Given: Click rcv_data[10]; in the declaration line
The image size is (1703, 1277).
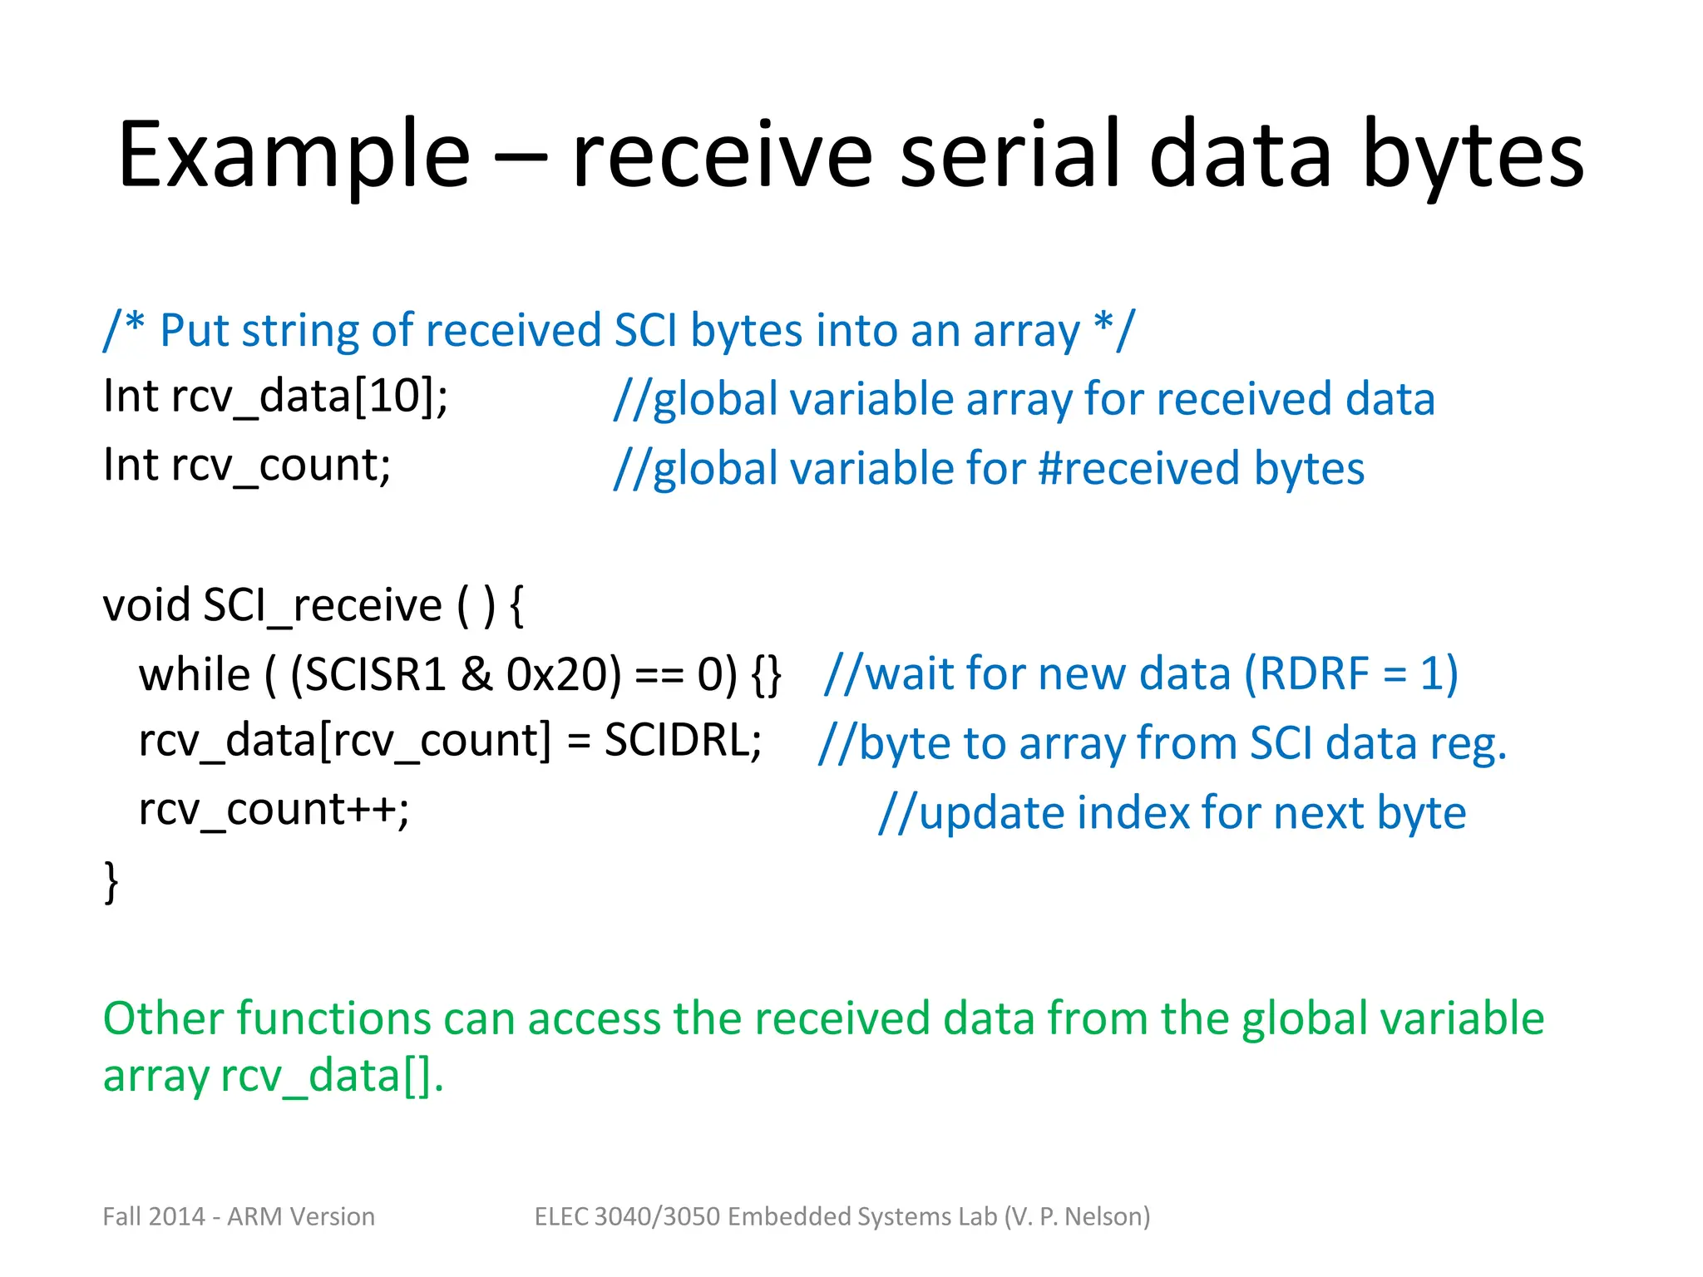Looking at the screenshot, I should [309, 396].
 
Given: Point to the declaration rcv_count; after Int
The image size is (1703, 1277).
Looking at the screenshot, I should [281, 465].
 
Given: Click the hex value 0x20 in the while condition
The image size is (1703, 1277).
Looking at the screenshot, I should [563, 673].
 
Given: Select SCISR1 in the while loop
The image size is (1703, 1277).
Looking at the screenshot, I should [368, 673].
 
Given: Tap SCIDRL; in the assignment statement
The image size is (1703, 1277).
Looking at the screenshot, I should [683, 740].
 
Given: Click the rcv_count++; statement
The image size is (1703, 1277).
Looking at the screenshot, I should [274, 809].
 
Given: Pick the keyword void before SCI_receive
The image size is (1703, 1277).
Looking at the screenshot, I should [146, 604].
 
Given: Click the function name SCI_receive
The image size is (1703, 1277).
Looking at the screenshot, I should [323, 604].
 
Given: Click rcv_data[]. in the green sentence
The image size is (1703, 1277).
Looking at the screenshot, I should [332, 1076].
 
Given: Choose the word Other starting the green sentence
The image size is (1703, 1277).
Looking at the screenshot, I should [164, 1018].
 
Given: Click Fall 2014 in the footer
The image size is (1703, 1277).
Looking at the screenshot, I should [153, 1216].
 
